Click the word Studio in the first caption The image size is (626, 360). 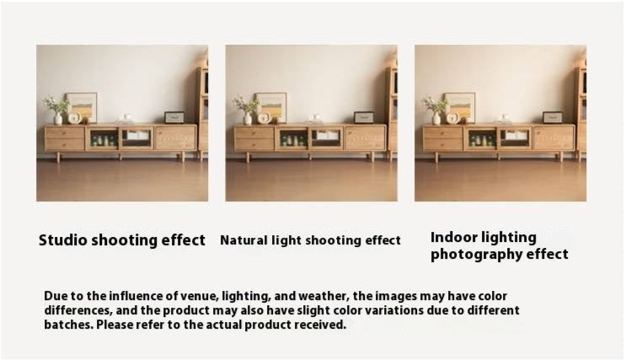pyautogui.click(x=62, y=240)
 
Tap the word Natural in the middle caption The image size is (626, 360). pyautogui.click(x=243, y=240)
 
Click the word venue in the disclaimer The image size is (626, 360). pyautogui.click(x=199, y=297)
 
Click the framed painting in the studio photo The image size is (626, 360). pyautogui.click(x=82, y=107)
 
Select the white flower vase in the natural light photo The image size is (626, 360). pyautogui.click(x=248, y=119)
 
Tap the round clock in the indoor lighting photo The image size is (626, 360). pyautogui.click(x=452, y=118)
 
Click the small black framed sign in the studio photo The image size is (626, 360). pyautogui.click(x=174, y=117)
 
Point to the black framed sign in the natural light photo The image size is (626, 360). pyautogui.click(x=364, y=117)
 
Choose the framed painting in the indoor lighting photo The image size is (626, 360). pyautogui.click(x=460, y=107)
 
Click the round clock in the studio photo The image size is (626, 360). pyautogui.click(x=74, y=118)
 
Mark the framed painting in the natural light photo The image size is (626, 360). pyautogui.click(x=271, y=107)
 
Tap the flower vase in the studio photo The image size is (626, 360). pyautogui.click(x=58, y=119)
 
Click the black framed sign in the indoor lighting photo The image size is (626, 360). pyautogui.click(x=553, y=117)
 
